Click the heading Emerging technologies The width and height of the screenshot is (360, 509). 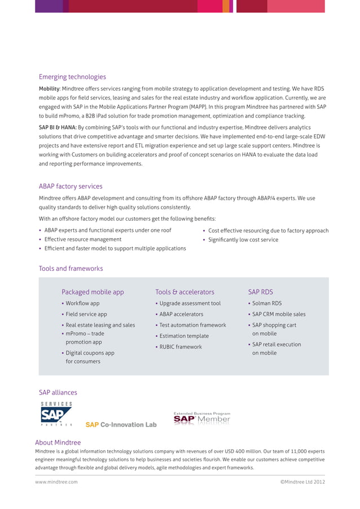click(72, 77)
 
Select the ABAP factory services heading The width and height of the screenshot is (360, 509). click(71, 186)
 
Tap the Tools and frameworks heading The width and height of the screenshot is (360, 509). click(71, 269)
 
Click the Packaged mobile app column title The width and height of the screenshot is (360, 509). click(93, 292)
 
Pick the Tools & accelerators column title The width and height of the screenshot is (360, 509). click(185, 292)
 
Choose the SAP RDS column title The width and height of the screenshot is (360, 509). click(260, 292)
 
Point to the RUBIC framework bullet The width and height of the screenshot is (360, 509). click(180, 347)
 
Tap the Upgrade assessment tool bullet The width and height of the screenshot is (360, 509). click(190, 304)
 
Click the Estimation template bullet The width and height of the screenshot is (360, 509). click(184, 336)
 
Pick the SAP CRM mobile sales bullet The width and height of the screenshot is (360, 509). click(279, 314)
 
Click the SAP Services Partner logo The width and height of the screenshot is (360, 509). click(56, 415)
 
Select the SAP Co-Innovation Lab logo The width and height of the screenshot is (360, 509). click(121, 424)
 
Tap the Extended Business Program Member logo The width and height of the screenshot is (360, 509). click(201, 418)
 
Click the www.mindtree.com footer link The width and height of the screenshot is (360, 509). click(56, 482)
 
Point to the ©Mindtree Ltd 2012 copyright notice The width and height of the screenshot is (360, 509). click(302, 482)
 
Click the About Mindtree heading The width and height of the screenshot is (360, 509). click(58, 442)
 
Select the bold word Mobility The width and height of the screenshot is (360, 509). click(49, 89)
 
